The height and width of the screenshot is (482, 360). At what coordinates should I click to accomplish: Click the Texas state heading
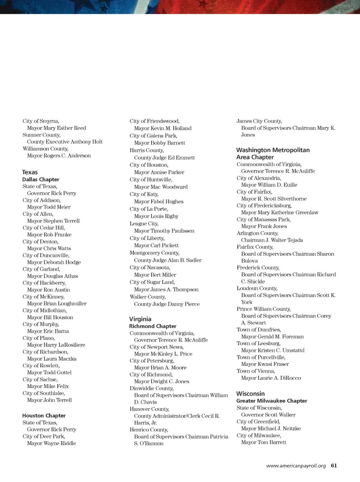tap(30, 172)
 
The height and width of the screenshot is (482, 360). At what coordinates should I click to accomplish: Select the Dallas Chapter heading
tap(41, 179)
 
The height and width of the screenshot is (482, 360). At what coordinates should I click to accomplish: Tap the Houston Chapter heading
tap(44, 416)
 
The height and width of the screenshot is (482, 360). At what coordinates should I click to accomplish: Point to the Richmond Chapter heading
tap(153, 326)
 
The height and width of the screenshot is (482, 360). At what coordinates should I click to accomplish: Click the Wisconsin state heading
tap(250, 394)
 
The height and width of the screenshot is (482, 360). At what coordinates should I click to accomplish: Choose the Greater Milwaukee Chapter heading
tap(271, 401)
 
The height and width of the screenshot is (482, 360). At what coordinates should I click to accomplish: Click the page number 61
tap(334, 465)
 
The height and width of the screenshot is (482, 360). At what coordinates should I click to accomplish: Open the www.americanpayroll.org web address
tap(296, 466)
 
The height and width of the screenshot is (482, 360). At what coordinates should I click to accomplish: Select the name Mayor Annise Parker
tap(159, 172)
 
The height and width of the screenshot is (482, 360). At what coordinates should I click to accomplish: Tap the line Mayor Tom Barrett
tap(264, 442)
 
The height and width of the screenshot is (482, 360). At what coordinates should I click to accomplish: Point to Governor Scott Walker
tap(268, 415)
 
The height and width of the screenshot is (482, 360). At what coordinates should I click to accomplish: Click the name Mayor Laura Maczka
tap(52, 359)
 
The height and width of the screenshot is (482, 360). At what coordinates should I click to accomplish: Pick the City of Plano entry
tap(39, 338)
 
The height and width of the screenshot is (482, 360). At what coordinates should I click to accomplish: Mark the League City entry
tap(144, 224)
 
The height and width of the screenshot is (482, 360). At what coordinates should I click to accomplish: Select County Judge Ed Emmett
tap(164, 158)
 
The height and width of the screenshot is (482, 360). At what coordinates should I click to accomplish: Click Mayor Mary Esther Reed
tap(56, 128)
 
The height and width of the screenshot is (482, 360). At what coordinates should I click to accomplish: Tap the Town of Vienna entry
tap(256, 371)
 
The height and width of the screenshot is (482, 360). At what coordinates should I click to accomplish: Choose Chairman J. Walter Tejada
tap(272, 240)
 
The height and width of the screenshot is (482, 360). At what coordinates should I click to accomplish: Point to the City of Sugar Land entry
tap(152, 282)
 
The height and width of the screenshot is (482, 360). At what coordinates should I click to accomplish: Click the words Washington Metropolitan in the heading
tap(273, 150)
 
